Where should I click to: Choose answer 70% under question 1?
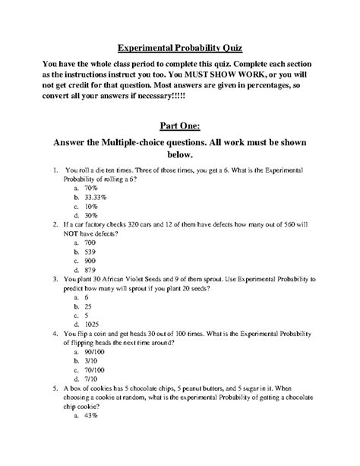tap(92, 185)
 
